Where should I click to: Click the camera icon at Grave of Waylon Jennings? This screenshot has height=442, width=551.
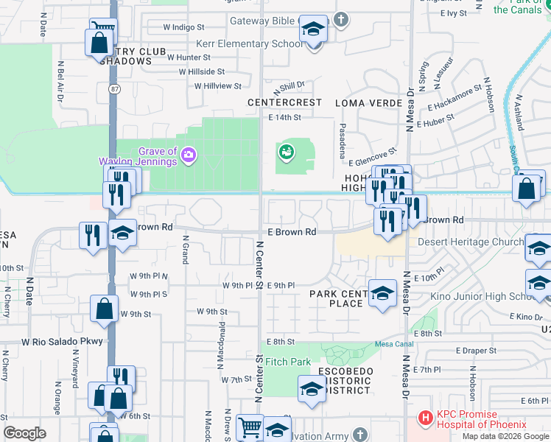coord(189,155)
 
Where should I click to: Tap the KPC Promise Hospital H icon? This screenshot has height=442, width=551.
coord(425,418)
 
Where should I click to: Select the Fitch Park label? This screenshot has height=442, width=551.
coord(288,362)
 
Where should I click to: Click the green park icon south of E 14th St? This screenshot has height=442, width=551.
coord(286,152)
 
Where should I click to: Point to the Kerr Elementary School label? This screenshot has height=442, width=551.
coord(249,44)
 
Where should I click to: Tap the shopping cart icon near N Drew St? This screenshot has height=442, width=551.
coord(250,426)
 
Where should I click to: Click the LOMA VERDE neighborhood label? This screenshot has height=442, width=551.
coord(366,102)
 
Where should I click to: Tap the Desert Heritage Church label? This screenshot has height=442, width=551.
coord(470,242)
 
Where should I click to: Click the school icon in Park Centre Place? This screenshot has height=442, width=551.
coord(382,294)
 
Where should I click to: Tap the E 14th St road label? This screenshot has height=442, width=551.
coord(285,117)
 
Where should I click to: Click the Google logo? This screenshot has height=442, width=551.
coord(25,433)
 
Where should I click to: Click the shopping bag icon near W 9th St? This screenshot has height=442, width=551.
coord(105,308)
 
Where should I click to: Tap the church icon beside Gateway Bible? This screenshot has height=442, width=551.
coord(340,20)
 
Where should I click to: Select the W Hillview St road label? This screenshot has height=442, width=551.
coord(217,85)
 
